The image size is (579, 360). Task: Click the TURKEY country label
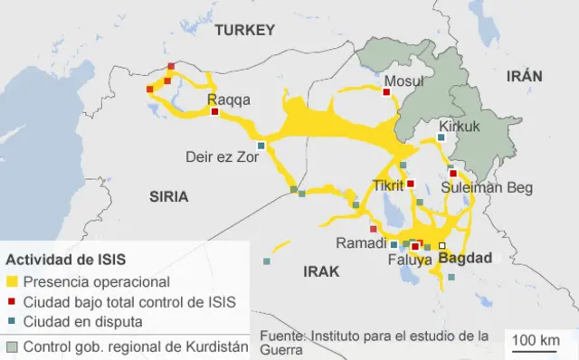click(x=244, y=30)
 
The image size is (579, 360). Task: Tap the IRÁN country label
click(x=524, y=76)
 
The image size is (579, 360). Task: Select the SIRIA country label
click(x=169, y=195)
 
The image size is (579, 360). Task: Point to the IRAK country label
click(x=321, y=270)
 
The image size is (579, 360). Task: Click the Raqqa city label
click(x=226, y=99)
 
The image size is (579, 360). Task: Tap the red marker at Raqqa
click(x=214, y=112)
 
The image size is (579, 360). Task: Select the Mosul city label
click(x=403, y=81)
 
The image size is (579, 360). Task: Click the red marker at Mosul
click(x=386, y=90)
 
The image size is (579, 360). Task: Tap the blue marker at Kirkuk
click(x=441, y=137)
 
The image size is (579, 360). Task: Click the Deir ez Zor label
click(x=222, y=156)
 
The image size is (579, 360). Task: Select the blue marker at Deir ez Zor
click(x=261, y=146)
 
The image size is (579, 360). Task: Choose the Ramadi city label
click(x=360, y=243)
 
